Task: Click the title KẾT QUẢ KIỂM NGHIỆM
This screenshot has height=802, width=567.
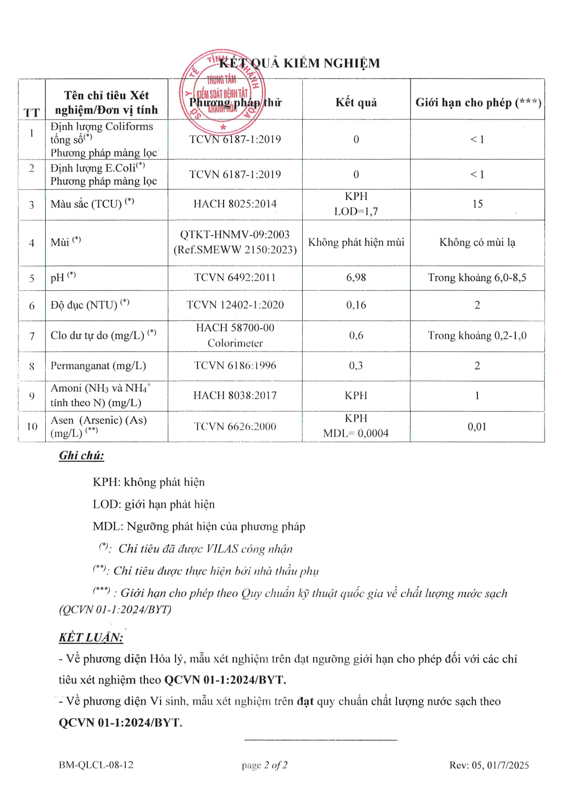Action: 300,63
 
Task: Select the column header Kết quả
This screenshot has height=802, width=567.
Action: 356,102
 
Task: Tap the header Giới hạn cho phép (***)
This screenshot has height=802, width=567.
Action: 478,102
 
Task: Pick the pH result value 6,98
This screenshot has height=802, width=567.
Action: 356,278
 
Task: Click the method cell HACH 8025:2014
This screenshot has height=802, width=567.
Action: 235,204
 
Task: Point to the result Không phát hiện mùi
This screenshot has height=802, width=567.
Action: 356,242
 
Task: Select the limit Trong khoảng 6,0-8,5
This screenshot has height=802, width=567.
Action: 477,278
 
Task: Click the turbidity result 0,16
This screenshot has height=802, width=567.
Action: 356,305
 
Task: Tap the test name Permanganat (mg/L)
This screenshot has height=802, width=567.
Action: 98,366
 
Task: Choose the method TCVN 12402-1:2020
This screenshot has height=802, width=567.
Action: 235,305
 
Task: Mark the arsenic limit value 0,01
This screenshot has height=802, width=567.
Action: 477,427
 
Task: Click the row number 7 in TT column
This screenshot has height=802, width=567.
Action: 32,336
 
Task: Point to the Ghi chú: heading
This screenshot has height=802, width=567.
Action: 81,455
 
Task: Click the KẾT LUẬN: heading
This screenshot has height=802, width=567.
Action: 91,637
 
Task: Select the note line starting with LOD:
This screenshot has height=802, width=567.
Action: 154,504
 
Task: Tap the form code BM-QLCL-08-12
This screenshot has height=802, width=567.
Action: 96,765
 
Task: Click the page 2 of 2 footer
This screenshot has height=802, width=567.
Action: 265,765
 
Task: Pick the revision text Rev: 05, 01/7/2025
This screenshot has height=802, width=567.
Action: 489,765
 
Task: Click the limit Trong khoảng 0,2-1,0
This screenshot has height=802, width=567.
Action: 477,336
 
